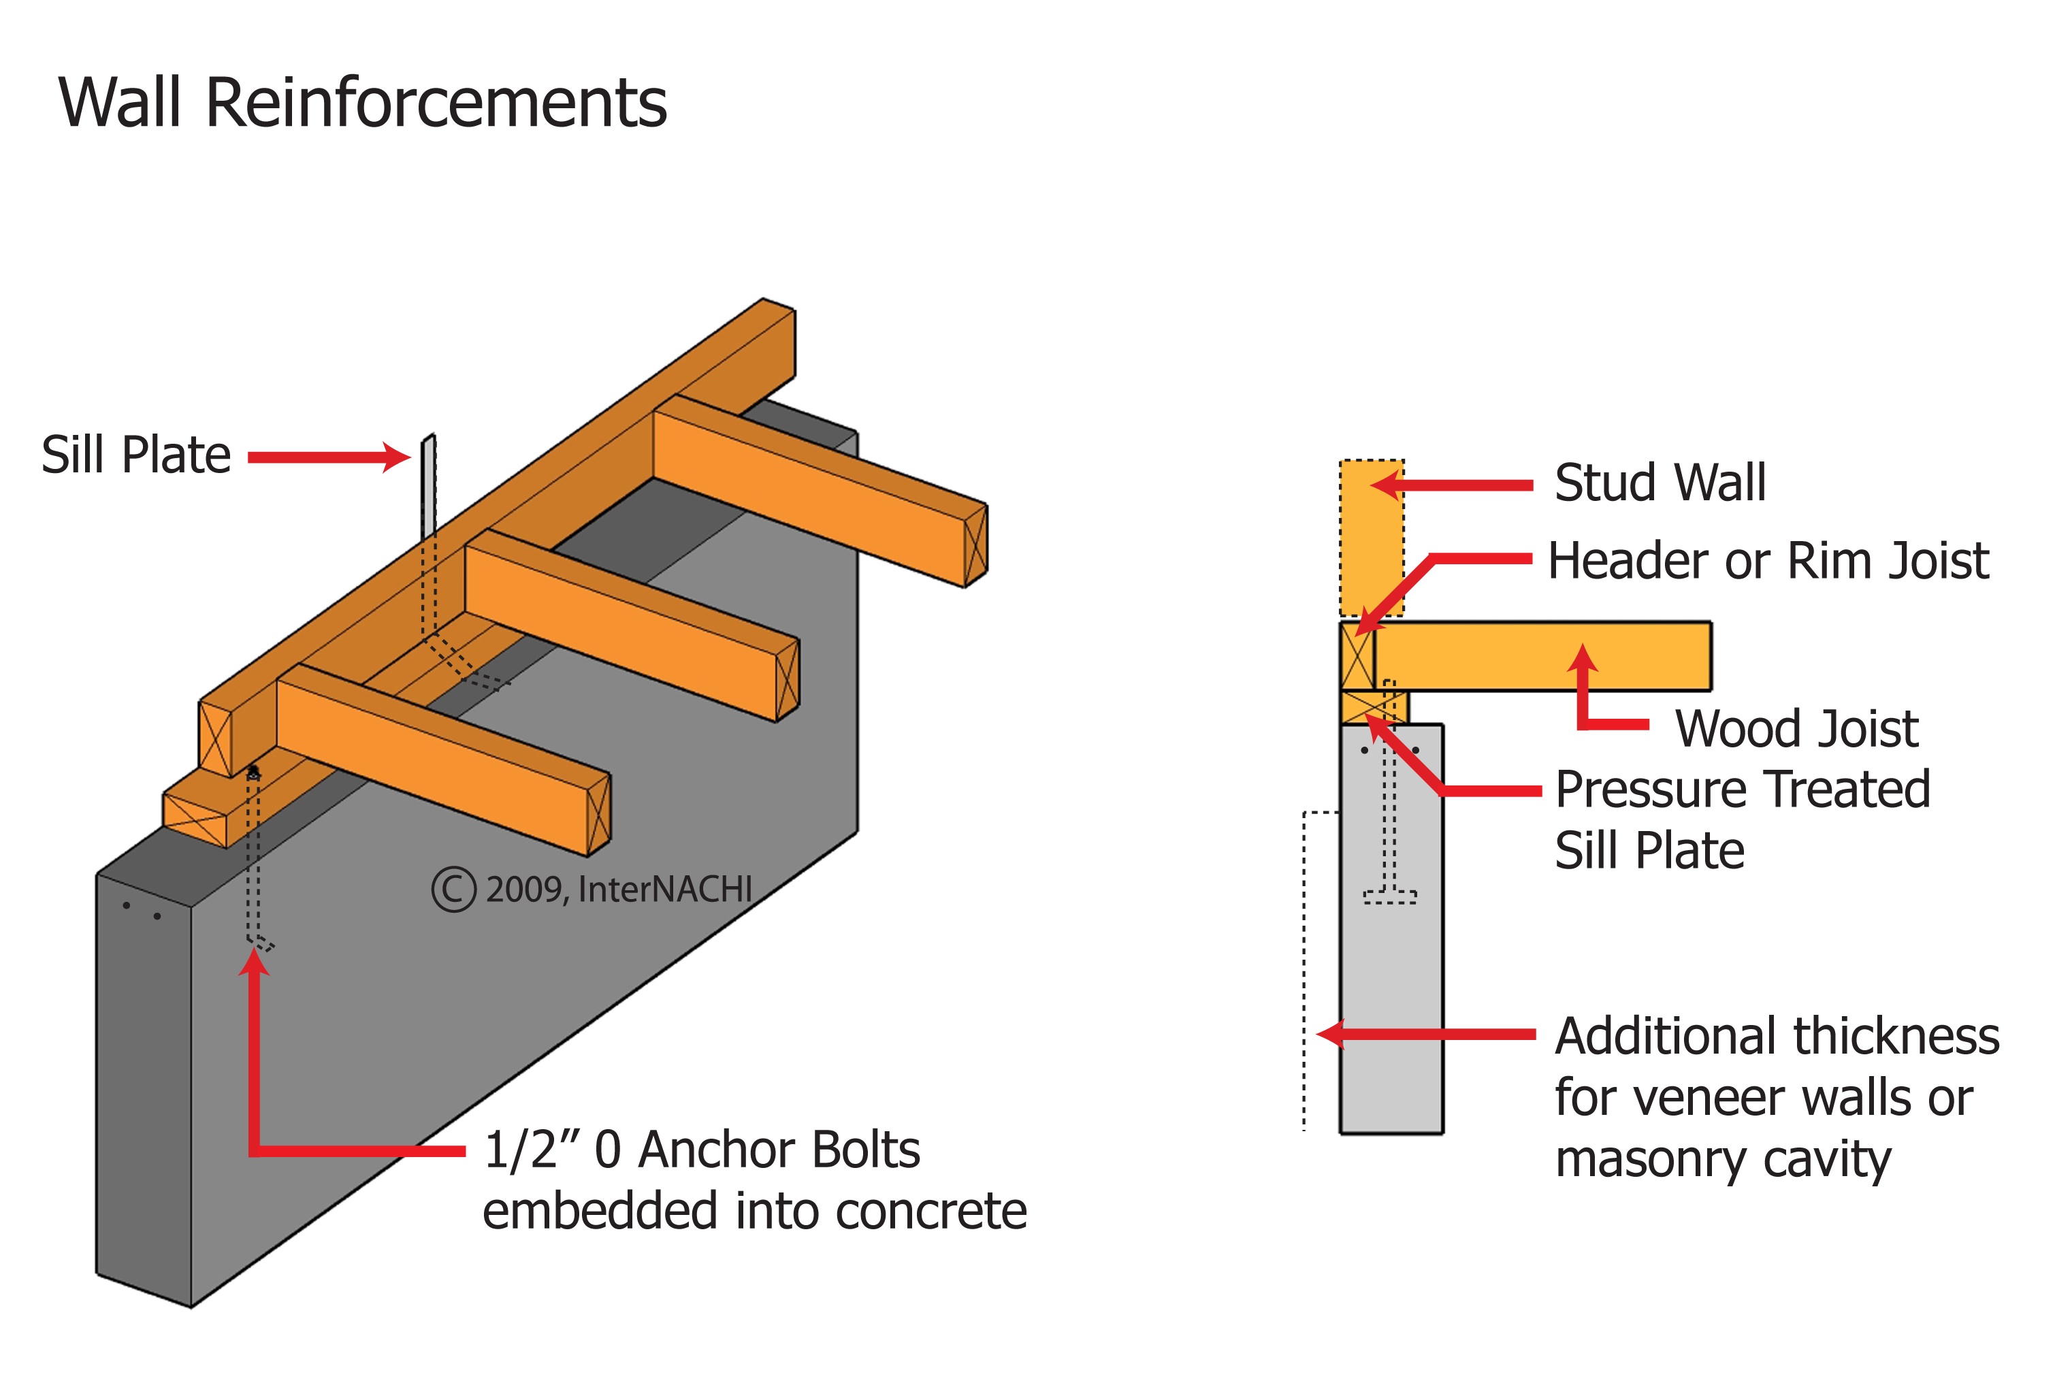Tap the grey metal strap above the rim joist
(x=428, y=489)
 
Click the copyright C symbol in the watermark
(x=453, y=890)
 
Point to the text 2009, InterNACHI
(x=618, y=890)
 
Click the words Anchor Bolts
(x=779, y=1150)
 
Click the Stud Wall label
(x=1660, y=483)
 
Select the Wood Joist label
(x=1796, y=728)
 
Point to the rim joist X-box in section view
(x=1357, y=656)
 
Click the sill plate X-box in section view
(x=1372, y=707)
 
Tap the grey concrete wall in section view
(x=1392, y=1013)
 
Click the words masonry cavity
(x=1722, y=1159)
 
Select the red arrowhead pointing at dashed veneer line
(x=1330, y=1034)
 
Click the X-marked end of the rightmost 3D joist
(x=975, y=546)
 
